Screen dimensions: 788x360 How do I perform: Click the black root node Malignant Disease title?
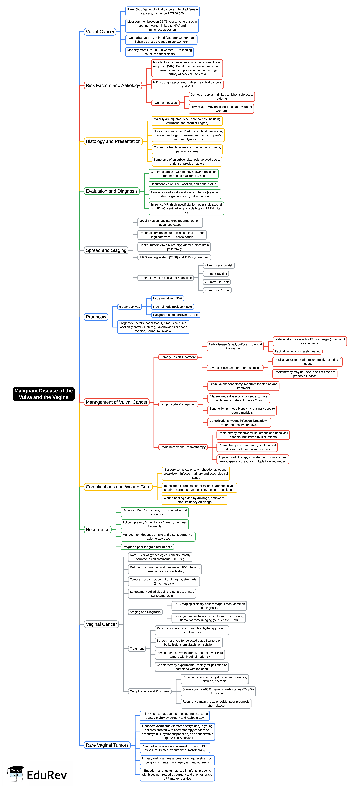click(x=43, y=394)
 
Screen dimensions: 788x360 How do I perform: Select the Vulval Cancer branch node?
click(x=100, y=32)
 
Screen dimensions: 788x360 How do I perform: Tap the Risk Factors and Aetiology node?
click(x=113, y=85)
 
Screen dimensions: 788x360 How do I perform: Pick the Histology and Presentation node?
click(x=113, y=141)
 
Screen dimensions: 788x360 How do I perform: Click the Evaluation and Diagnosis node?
click(x=112, y=191)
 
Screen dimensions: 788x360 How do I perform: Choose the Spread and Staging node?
click(x=106, y=250)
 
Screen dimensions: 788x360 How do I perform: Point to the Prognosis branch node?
click(x=96, y=317)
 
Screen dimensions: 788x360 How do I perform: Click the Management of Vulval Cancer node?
click(x=116, y=402)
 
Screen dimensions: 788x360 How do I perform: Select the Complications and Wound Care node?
click(x=118, y=487)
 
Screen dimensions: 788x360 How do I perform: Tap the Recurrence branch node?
click(x=98, y=530)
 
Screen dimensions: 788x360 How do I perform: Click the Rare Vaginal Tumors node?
click(x=107, y=745)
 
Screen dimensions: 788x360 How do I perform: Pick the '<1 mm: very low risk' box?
click(x=219, y=265)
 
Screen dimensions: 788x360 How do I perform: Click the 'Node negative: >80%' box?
click(x=168, y=298)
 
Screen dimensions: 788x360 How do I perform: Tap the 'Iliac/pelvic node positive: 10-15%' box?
click(x=176, y=315)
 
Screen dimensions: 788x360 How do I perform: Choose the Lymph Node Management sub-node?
click(x=178, y=404)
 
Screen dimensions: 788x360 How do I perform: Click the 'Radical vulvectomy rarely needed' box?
click(x=297, y=351)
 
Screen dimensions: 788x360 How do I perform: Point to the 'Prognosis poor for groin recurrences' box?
click(x=147, y=547)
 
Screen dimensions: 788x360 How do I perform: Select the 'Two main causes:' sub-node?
click(x=165, y=103)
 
